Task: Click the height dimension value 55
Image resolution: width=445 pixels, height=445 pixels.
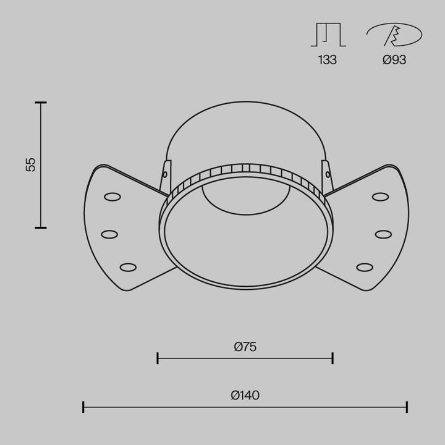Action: point(31,164)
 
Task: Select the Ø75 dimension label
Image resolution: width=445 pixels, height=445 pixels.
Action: point(245,347)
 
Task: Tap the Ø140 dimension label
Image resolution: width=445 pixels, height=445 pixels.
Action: point(245,396)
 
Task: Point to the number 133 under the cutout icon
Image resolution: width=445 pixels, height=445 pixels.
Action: point(328,60)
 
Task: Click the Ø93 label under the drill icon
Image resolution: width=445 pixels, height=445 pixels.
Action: point(394,60)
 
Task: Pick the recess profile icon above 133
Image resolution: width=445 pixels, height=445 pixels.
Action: point(328,35)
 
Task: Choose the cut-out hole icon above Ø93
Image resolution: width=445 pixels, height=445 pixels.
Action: point(394,35)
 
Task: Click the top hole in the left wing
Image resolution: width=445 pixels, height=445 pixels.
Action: point(112,197)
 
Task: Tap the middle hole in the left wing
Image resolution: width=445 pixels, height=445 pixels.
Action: point(109,234)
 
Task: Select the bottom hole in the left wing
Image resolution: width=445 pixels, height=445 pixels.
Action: point(128,267)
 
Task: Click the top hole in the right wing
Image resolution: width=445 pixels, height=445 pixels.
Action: point(380,197)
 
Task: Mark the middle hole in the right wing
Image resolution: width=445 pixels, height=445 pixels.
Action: point(383,234)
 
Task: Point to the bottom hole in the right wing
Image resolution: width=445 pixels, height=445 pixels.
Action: point(365,267)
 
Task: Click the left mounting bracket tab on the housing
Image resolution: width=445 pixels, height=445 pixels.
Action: point(166,176)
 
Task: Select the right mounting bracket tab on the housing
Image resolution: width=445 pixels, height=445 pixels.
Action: point(326,176)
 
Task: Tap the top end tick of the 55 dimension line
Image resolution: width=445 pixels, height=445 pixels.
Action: point(41,103)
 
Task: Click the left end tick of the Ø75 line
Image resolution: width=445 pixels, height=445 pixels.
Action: point(158,358)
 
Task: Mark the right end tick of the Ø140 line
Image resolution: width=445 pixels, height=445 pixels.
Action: point(407,407)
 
